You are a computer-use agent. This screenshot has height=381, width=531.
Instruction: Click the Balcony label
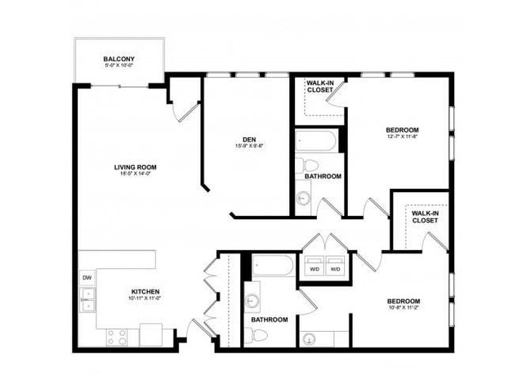119,59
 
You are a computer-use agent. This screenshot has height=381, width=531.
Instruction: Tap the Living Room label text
135,167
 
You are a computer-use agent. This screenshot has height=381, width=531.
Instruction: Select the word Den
249,139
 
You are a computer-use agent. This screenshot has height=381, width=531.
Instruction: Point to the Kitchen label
145,292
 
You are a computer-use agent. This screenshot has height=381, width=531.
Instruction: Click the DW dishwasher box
87,278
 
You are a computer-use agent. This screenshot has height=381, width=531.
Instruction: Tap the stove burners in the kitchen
117,334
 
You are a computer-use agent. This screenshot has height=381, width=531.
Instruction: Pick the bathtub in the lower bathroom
272,266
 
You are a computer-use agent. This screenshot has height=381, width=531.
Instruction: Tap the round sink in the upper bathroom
304,197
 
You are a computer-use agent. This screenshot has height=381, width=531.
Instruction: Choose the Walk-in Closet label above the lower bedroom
424,217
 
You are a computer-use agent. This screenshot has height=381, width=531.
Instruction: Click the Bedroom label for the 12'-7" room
403,130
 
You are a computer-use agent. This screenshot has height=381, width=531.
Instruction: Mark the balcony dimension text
119,66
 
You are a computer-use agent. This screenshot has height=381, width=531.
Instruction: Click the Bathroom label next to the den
323,177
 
